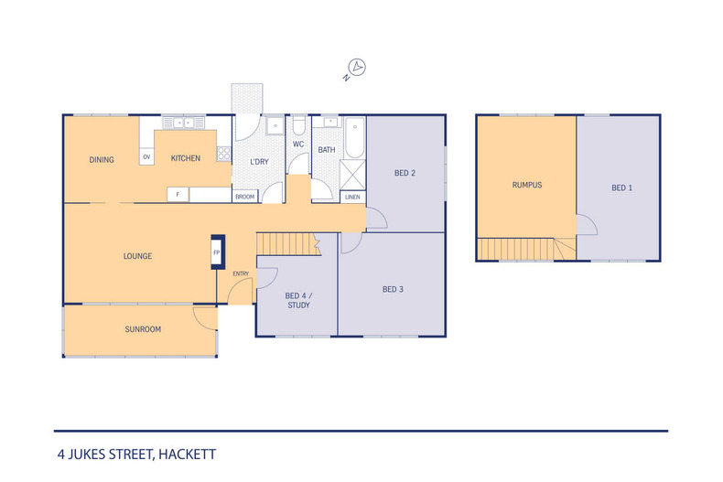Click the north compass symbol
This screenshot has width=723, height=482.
tap(355, 70)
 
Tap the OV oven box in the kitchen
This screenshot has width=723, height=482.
tap(146, 157)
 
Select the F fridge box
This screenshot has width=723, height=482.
tap(178, 195)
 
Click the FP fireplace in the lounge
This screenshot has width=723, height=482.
tap(218, 252)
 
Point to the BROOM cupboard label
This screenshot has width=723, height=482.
tap(245, 197)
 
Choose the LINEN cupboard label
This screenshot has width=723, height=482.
tap(352, 197)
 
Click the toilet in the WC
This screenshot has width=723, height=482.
tap(298, 124)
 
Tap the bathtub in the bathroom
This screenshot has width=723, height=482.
tap(354, 137)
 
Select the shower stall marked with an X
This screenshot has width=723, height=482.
tap(352, 175)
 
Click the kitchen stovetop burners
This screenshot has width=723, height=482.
tap(223, 154)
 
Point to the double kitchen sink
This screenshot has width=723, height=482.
tap(184, 123)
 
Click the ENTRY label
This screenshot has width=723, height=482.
tap(241, 273)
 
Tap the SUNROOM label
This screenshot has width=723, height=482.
tap(143, 329)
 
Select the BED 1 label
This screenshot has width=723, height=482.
tap(622, 188)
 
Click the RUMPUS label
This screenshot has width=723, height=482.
tap(527, 186)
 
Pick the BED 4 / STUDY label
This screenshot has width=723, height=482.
tap(298, 300)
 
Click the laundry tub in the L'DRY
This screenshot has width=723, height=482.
tap(275, 125)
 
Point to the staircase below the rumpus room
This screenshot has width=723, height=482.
tap(526, 249)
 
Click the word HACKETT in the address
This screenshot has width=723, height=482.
tap(188, 455)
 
